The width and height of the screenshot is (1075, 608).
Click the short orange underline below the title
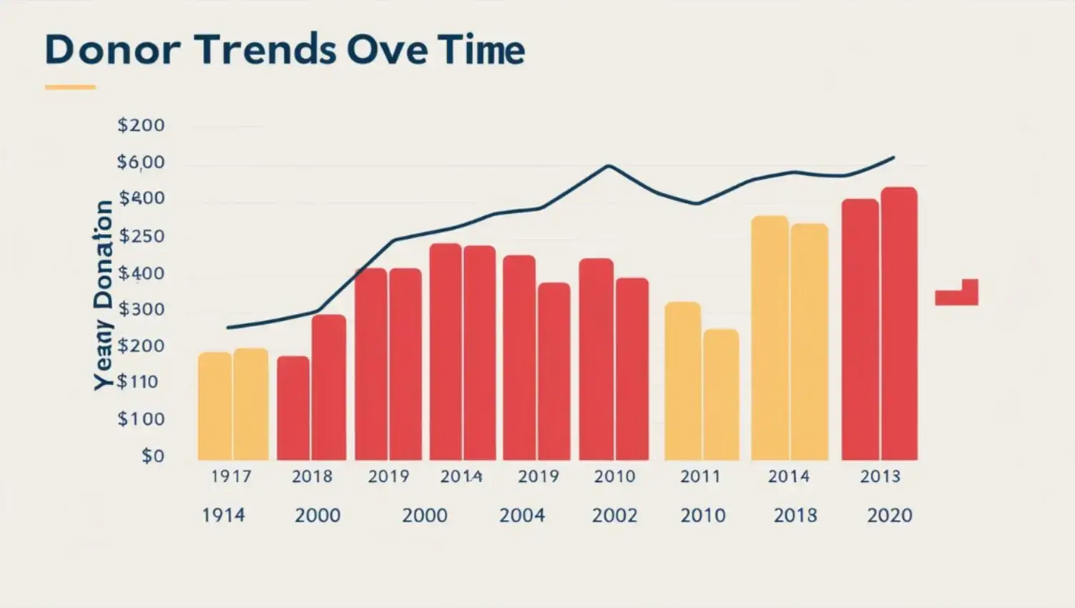tap(70, 87)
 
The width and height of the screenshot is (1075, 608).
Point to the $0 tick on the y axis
tap(152, 456)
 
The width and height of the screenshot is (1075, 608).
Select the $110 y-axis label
tap(138, 382)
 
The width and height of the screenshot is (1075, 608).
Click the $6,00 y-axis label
tap(141, 162)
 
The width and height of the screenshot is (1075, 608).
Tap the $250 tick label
tap(141, 236)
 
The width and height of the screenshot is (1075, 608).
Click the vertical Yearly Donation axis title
tap(104, 295)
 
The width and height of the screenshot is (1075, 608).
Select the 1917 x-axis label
tap(231, 476)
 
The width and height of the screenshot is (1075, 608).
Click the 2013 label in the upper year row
tap(880, 476)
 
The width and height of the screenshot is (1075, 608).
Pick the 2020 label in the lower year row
tap(890, 515)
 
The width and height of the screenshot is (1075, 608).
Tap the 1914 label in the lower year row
tap(223, 515)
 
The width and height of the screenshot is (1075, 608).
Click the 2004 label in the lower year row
tap(522, 515)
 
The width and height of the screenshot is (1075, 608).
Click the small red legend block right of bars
tap(957, 294)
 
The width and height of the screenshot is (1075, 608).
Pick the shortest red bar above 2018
tap(293, 408)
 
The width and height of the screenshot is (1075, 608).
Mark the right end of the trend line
tap(893, 157)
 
